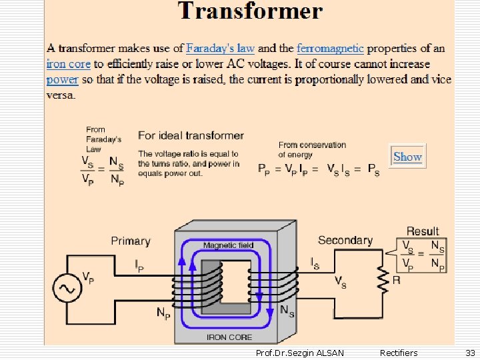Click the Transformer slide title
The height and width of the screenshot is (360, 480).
[x=250, y=11]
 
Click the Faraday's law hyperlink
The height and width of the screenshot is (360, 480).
[x=220, y=48]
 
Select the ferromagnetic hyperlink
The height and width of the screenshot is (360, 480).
[x=330, y=48]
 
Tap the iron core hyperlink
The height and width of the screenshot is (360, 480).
[x=68, y=64]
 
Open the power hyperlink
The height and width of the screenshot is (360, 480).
[x=62, y=79]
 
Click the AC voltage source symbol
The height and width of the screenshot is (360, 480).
[x=67, y=288]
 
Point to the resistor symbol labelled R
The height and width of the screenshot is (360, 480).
[x=382, y=280]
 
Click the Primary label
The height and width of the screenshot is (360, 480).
[x=131, y=241]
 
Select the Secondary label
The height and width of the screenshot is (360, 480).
[x=345, y=240]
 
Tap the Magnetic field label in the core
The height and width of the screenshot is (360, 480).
[x=228, y=245]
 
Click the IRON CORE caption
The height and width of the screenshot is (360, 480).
[x=229, y=337]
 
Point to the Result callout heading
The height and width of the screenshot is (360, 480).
[x=423, y=231]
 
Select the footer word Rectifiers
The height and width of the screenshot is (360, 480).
[x=398, y=353]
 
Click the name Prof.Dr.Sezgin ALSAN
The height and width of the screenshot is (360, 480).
[x=300, y=353]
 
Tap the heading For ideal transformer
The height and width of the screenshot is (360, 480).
[x=191, y=135]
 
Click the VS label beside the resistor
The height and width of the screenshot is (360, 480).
[x=339, y=281]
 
